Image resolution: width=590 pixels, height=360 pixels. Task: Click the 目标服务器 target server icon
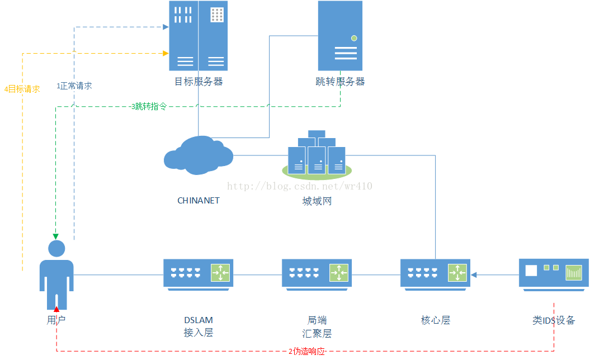click(198, 36)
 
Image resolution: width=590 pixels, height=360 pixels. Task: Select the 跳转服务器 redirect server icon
click(340, 36)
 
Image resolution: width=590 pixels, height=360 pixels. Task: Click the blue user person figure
click(56, 274)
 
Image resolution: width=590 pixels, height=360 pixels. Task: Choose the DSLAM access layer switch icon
click(198, 273)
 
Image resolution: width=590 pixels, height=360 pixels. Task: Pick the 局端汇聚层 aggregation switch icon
click(317, 273)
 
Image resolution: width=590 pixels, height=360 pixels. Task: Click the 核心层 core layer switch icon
click(435, 273)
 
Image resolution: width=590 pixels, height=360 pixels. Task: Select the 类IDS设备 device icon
click(554, 273)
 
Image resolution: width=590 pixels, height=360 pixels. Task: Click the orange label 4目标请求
click(22, 89)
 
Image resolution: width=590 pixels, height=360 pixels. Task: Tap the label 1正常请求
click(74, 86)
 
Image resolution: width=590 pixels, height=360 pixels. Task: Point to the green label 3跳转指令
click(149, 106)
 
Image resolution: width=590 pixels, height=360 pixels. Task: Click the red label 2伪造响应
click(307, 352)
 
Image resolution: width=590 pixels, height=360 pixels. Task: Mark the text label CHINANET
click(199, 200)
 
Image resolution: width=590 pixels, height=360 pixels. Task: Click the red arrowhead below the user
click(56, 309)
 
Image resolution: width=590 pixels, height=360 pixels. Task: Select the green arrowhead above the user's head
click(56, 236)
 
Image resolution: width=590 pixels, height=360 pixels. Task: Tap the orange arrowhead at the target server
click(166, 53)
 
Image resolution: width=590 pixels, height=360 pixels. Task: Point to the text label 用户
click(56, 320)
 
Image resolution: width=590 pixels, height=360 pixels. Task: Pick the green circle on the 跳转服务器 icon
click(353, 38)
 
